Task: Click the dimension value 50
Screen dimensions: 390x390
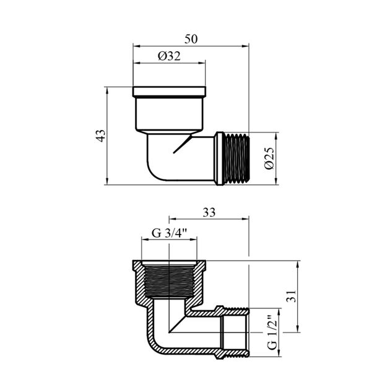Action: [x=191, y=39]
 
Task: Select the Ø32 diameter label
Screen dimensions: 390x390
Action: [x=169, y=56]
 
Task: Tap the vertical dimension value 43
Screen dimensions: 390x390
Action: [x=101, y=136]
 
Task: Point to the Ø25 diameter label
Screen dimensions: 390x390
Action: [x=269, y=158]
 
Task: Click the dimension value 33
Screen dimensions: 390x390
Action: [x=209, y=212]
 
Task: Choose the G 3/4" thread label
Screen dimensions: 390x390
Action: [x=169, y=233]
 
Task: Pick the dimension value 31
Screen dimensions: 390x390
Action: [x=292, y=297]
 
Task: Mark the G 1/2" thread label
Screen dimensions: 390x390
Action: [x=272, y=332]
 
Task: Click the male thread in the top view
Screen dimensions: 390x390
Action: [x=235, y=158]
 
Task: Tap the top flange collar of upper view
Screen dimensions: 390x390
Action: [x=169, y=92]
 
